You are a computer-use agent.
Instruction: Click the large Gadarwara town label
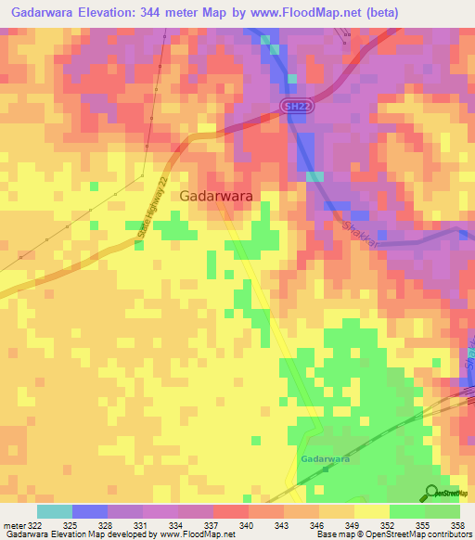pos(217,196)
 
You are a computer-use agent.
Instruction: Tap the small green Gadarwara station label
pos(325,459)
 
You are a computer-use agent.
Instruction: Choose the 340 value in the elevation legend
pos(248,525)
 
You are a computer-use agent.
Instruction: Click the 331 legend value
pos(142,525)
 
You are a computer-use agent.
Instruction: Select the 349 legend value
pos(353,525)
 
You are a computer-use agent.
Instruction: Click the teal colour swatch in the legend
pos(54,511)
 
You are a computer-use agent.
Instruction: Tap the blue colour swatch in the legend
pos(89,511)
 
